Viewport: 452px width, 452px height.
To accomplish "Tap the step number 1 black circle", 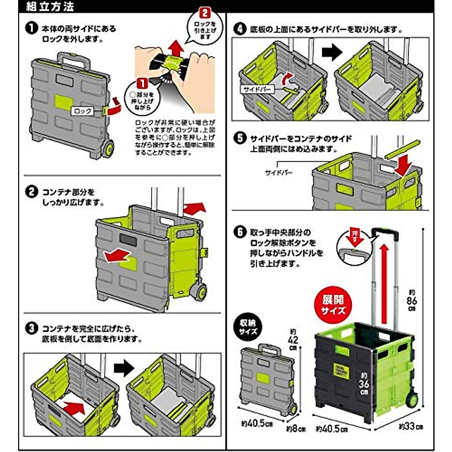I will (32, 28).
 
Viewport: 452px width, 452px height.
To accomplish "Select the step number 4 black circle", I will (240, 29).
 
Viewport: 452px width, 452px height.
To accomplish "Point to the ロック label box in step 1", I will (82, 111).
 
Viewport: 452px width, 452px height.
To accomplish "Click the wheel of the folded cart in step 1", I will (107, 149).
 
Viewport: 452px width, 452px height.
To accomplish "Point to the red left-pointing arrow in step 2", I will (117, 256).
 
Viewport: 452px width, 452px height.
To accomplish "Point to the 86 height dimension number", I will (412, 301).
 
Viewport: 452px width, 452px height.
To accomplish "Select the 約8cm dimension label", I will (296, 429).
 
